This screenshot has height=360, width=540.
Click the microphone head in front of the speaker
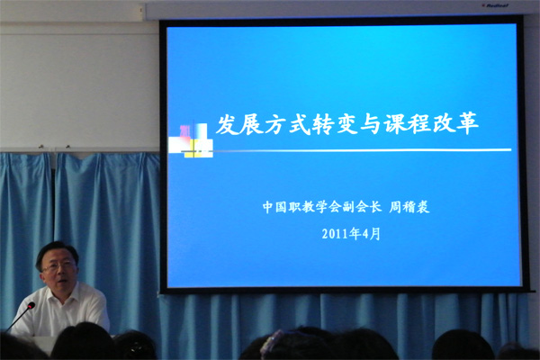(31, 306)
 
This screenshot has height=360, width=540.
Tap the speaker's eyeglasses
(58, 266)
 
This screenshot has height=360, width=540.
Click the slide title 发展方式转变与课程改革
(346, 123)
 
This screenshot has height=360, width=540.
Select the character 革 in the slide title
(467, 123)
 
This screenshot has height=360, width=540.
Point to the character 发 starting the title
(228, 124)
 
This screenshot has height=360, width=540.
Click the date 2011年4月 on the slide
(351, 234)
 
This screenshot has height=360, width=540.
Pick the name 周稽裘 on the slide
(409, 207)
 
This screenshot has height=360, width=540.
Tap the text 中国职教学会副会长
(321, 207)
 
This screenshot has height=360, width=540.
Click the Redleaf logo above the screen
(495, 5)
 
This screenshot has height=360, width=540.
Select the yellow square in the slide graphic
(193, 148)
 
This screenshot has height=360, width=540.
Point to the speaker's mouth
(62, 282)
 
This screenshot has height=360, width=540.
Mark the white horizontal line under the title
(362, 150)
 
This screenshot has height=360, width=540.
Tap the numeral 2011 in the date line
(335, 234)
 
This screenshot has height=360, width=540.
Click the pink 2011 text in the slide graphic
(184, 131)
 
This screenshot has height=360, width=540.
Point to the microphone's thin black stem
(17, 319)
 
